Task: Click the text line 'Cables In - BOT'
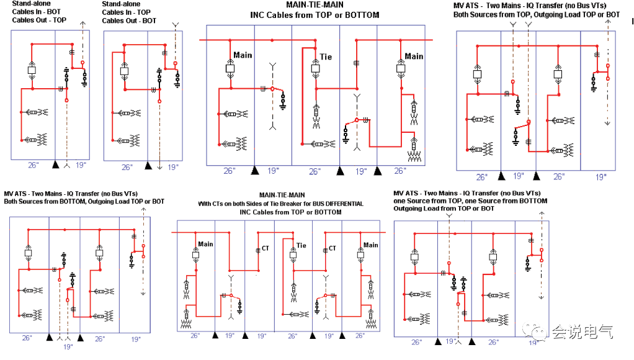pyautogui.click(x=37, y=12)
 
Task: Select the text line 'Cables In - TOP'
pyautogui.click(x=126, y=12)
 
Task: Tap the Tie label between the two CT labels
pyautogui.click(x=301, y=246)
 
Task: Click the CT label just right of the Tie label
pyautogui.click(x=333, y=248)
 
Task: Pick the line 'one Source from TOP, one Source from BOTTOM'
pyautogui.click(x=470, y=200)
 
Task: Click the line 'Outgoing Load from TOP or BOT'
pyautogui.click(x=444, y=209)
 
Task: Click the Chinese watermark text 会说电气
pyautogui.click(x=583, y=332)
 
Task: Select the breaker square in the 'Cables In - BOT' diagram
pyautogui.click(x=32, y=70)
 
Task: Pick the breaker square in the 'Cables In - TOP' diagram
pyautogui.click(x=125, y=71)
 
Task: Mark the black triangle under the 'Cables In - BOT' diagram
pyautogui.click(x=56, y=164)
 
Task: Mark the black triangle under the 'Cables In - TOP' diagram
pyautogui.click(x=148, y=166)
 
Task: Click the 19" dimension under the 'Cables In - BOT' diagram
pyautogui.click(x=81, y=164)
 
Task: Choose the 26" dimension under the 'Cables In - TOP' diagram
pyautogui.click(x=127, y=167)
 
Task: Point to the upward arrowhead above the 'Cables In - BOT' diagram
pyautogui.click(x=83, y=24)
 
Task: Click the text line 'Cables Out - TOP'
pyautogui.click(x=39, y=20)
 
